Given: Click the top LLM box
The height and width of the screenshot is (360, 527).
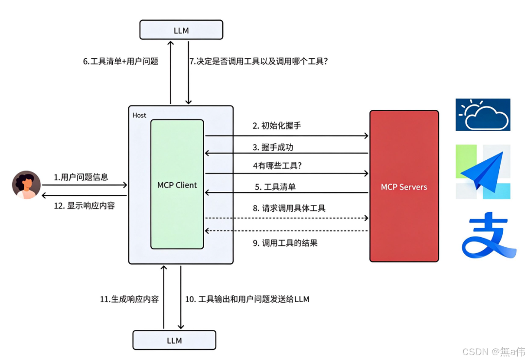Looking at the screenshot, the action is [x=181, y=30].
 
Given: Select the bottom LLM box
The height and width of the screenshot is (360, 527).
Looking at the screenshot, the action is [x=174, y=340].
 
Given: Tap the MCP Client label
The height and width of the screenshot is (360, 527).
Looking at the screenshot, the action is [x=177, y=185].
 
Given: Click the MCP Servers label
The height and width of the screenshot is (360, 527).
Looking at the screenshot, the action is [x=404, y=187].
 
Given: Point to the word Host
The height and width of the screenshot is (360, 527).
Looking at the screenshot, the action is [x=140, y=115].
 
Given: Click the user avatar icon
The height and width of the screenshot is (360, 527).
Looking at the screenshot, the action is [x=26, y=185].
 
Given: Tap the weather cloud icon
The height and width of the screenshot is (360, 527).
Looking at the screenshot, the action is [x=483, y=115].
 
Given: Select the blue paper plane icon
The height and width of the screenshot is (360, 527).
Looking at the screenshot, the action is [x=483, y=172].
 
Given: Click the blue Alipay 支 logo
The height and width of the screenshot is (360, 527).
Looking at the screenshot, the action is [x=489, y=235].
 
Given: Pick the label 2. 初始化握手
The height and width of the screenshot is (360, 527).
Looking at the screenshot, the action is [x=277, y=126].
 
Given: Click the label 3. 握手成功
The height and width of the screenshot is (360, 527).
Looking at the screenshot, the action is [x=273, y=147].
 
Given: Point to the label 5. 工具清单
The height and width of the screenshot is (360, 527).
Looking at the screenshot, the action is [x=275, y=187].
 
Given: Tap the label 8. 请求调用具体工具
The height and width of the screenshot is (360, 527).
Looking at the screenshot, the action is [x=289, y=208].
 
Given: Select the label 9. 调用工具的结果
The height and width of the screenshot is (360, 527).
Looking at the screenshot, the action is [x=285, y=243].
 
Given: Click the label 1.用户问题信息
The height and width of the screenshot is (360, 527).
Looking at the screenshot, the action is [x=81, y=177].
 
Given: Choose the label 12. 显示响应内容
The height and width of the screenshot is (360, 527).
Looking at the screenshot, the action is [x=85, y=206].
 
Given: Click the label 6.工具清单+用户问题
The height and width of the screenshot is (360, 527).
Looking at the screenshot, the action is [x=121, y=61].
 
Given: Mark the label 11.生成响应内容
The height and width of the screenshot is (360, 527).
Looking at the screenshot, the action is [x=129, y=299].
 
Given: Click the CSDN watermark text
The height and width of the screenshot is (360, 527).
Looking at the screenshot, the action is [x=493, y=352].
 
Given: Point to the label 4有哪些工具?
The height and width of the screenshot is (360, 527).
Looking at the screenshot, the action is [x=277, y=166].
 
